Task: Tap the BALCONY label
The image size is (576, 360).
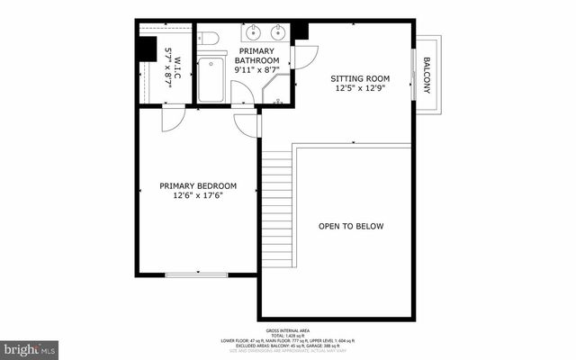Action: pyautogui.click(x=427, y=76)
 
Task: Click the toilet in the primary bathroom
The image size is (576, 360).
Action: pyautogui.click(x=208, y=39)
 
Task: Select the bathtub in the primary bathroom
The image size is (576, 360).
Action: pyautogui.click(x=212, y=79)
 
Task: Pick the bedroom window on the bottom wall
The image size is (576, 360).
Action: pyautogui.click(x=196, y=274)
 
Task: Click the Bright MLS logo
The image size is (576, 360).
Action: pyautogui.click(x=30, y=346)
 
